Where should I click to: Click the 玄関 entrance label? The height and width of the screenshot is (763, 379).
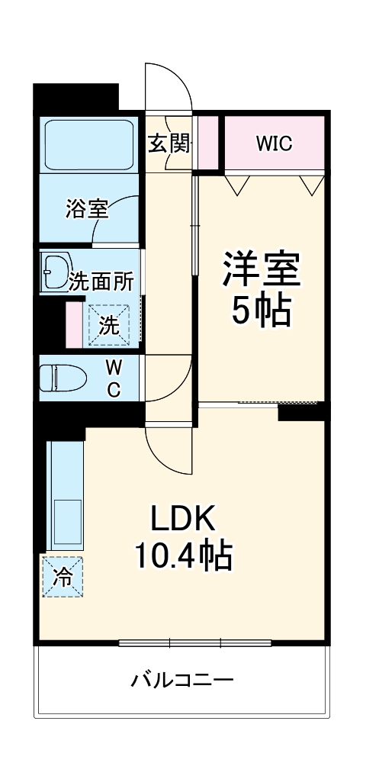click(169, 143)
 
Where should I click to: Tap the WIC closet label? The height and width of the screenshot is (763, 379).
click(274, 143)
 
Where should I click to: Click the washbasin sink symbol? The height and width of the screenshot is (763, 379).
click(56, 272)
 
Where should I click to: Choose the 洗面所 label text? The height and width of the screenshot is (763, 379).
click(101, 282)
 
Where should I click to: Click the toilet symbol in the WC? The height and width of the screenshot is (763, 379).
click(64, 378)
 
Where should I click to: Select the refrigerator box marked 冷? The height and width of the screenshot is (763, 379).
click(63, 577)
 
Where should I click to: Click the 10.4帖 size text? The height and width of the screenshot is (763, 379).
click(183, 557)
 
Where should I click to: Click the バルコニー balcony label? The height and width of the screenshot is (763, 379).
click(181, 678)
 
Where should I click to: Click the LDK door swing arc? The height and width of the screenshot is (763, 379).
click(168, 450)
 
